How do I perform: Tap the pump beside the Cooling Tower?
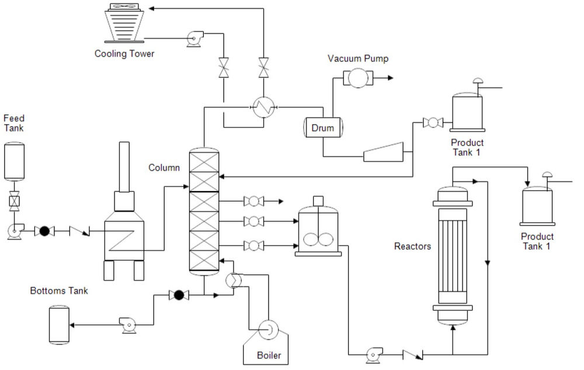click(x=192, y=38)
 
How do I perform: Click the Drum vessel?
click(x=323, y=128)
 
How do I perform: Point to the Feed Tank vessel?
click(x=13, y=160)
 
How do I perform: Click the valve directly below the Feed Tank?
click(x=13, y=202)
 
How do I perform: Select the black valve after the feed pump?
click(x=43, y=231)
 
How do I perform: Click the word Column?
click(x=164, y=168)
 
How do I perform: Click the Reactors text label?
click(x=412, y=246)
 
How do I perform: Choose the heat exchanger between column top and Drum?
click(x=264, y=107)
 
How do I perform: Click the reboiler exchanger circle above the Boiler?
click(x=234, y=281)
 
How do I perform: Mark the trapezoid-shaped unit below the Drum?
click(x=383, y=152)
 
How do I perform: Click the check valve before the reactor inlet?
click(x=413, y=354)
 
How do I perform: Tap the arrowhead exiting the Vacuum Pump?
click(x=389, y=78)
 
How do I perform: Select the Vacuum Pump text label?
click(x=358, y=58)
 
